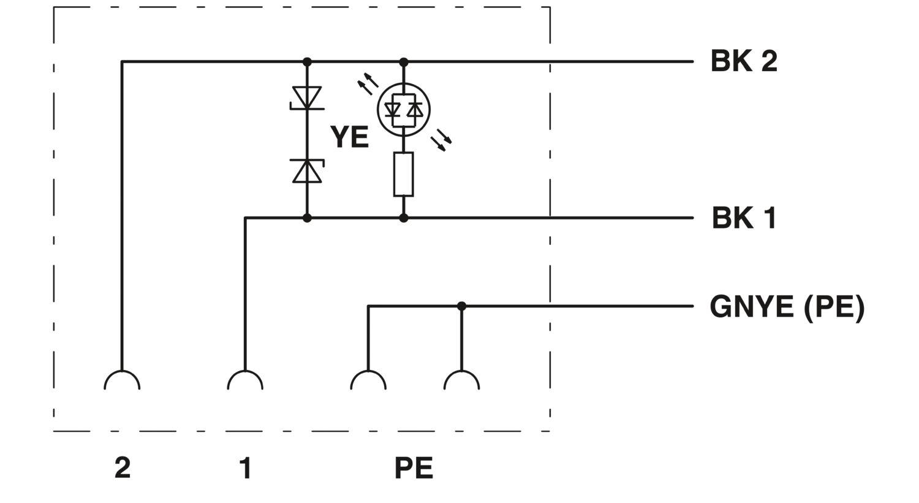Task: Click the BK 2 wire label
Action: [x=743, y=61]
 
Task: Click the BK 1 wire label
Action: [x=744, y=218]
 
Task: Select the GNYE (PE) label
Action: [x=787, y=306]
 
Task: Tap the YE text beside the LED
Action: [x=349, y=137]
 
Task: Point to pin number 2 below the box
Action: [x=123, y=467]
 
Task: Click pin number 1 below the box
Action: [x=245, y=467]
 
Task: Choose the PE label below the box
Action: [x=414, y=467]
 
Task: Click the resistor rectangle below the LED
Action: [x=403, y=174]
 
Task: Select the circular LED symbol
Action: [x=403, y=110]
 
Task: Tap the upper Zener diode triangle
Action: [x=307, y=97]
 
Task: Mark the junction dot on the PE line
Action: [x=461, y=306]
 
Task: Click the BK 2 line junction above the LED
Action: [x=403, y=62]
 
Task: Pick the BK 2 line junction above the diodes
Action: [x=307, y=62]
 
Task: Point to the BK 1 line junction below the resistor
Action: [x=403, y=218]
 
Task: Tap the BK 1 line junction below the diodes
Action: [x=307, y=218]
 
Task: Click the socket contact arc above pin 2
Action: [x=122, y=380]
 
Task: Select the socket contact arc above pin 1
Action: [x=245, y=380]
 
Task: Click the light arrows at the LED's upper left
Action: [x=368, y=83]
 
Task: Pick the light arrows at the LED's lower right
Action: [x=441, y=140]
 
